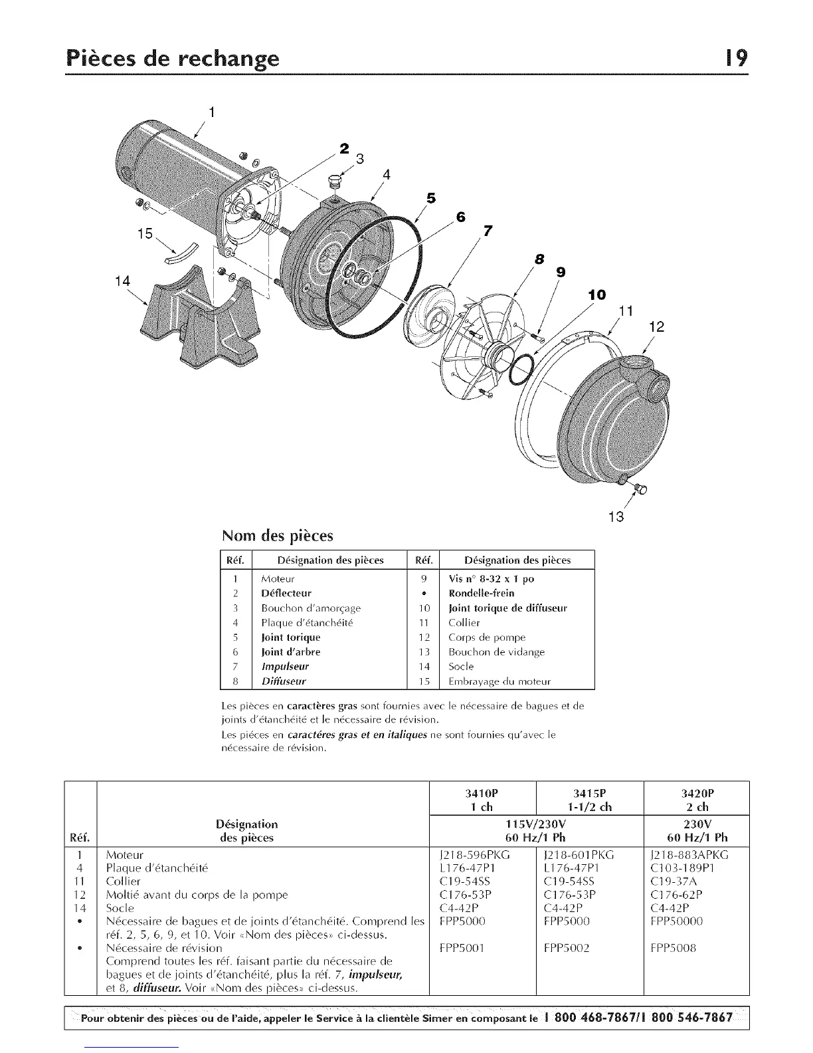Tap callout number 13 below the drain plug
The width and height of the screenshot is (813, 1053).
tap(616, 516)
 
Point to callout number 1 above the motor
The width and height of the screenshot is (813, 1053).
tap(211, 112)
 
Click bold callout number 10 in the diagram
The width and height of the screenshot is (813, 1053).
tap(596, 294)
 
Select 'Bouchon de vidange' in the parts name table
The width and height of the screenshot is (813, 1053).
tap(496, 651)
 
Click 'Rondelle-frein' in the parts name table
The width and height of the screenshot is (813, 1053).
tap(482, 593)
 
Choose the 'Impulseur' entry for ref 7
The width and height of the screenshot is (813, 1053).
tap(285, 666)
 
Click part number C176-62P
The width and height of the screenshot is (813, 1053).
tap(683, 894)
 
